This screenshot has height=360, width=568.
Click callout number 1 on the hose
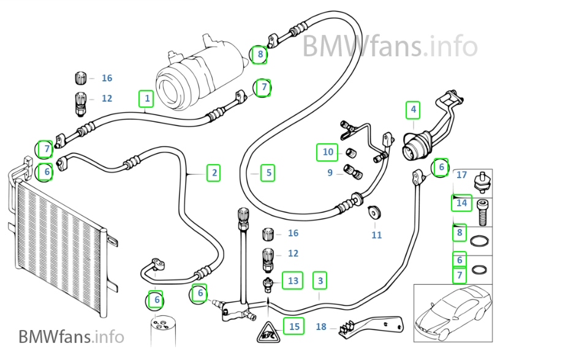(x=145, y=98)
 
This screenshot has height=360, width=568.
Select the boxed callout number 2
(x=214, y=173)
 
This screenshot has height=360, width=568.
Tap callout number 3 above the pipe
(x=319, y=281)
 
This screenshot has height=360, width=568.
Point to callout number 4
(x=414, y=110)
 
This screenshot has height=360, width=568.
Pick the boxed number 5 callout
(x=267, y=173)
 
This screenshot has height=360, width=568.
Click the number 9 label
(x=330, y=173)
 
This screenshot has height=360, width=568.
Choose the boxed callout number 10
(x=327, y=152)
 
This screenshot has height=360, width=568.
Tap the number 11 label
(x=376, y=234)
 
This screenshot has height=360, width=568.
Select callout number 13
(x=293, y=281)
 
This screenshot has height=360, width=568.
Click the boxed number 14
(x=462, y=203)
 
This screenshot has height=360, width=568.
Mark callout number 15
(x=294, y=326)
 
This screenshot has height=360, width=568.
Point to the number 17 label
(x=462, y=175)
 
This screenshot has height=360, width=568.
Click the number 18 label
(x=321, y=327)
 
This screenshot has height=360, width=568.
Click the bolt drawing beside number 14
(x=483, y=209)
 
